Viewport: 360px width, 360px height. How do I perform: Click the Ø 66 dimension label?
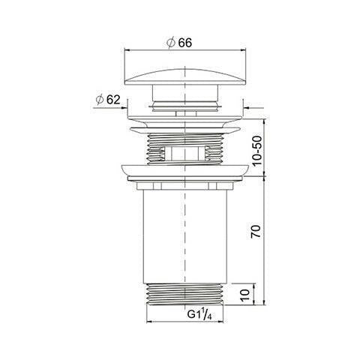coord(179,43)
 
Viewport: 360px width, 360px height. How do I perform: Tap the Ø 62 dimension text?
coord(108,100)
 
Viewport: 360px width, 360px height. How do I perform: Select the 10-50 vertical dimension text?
coord(257,151)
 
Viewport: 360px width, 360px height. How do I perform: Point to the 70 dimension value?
coord(256,231)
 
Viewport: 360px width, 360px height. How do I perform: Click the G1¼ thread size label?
coord(199,314)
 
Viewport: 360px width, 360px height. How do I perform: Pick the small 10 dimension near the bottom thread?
coord(246,295)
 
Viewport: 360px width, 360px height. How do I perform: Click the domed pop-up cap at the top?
coord(184,76)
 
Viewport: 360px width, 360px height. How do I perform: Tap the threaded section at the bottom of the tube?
coord(184,294)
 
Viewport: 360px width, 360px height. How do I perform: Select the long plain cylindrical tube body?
coord(184,237)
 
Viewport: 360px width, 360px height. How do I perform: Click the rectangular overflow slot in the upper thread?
coord(184,153)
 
